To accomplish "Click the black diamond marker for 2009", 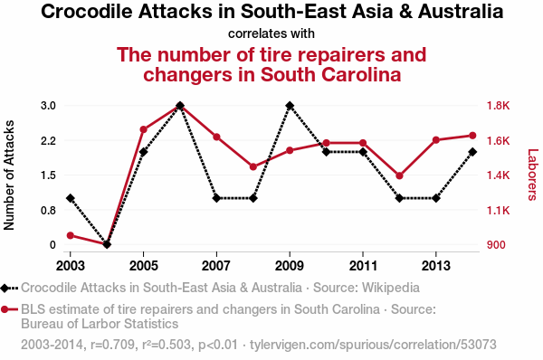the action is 290,106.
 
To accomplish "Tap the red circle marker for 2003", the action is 71,236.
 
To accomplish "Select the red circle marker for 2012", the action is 399,175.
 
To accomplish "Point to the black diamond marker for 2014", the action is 472,152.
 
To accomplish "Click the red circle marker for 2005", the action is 143,130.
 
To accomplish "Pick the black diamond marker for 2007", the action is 217,198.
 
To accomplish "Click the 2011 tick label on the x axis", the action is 363,266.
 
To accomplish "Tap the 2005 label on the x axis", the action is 143,266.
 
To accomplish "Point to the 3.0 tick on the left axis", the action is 49,106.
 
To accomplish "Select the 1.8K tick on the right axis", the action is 499,106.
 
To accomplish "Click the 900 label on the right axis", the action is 496,245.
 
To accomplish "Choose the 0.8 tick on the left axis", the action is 49,210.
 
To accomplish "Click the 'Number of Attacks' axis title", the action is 9,175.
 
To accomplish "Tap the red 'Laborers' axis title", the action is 533,175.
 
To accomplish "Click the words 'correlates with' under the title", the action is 271,33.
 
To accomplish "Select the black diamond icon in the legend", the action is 5,288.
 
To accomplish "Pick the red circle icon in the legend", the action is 5,309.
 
